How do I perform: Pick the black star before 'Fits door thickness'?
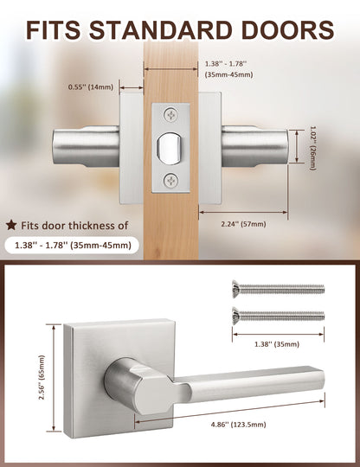(x=11, y=225)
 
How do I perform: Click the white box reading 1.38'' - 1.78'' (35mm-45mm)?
(x=73, y=246)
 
